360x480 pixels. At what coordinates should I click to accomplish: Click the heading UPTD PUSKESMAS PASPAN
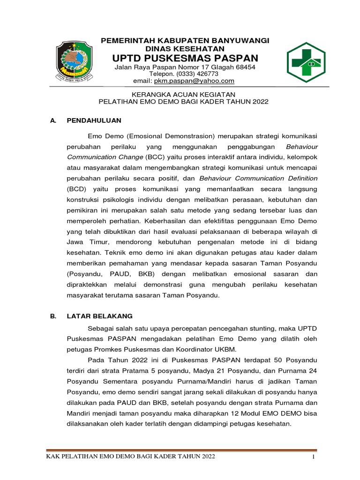coord(185,58)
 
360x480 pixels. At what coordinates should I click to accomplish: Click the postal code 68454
coord(245,67)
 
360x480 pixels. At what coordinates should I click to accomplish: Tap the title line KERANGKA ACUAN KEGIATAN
coord(183,94)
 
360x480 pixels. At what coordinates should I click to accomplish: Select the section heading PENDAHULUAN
coord(94,120)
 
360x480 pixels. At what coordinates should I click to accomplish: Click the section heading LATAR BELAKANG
coord(100,316)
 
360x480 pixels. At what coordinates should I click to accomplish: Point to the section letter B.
coord(53,316)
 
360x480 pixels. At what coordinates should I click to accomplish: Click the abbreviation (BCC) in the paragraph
coord(155,157)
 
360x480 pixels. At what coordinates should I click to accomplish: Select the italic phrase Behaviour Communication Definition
coord(258,178)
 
